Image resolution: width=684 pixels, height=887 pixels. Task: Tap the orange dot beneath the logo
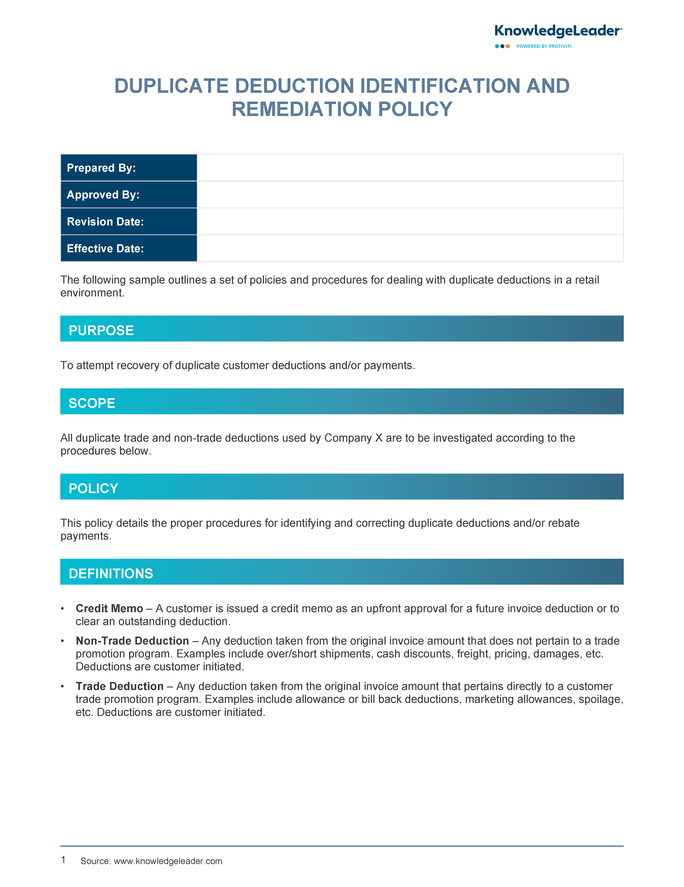tap(508, 46)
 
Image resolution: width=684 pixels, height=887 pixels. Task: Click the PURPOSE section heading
tap(101, 330)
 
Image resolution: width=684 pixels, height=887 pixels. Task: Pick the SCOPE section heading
tap(92, 403)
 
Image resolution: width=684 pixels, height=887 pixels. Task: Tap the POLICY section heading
tap(93, 488)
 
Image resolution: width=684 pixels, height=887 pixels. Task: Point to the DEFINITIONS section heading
tap(111, 573)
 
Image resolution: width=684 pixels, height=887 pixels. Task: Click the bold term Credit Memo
tap(109, 608)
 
